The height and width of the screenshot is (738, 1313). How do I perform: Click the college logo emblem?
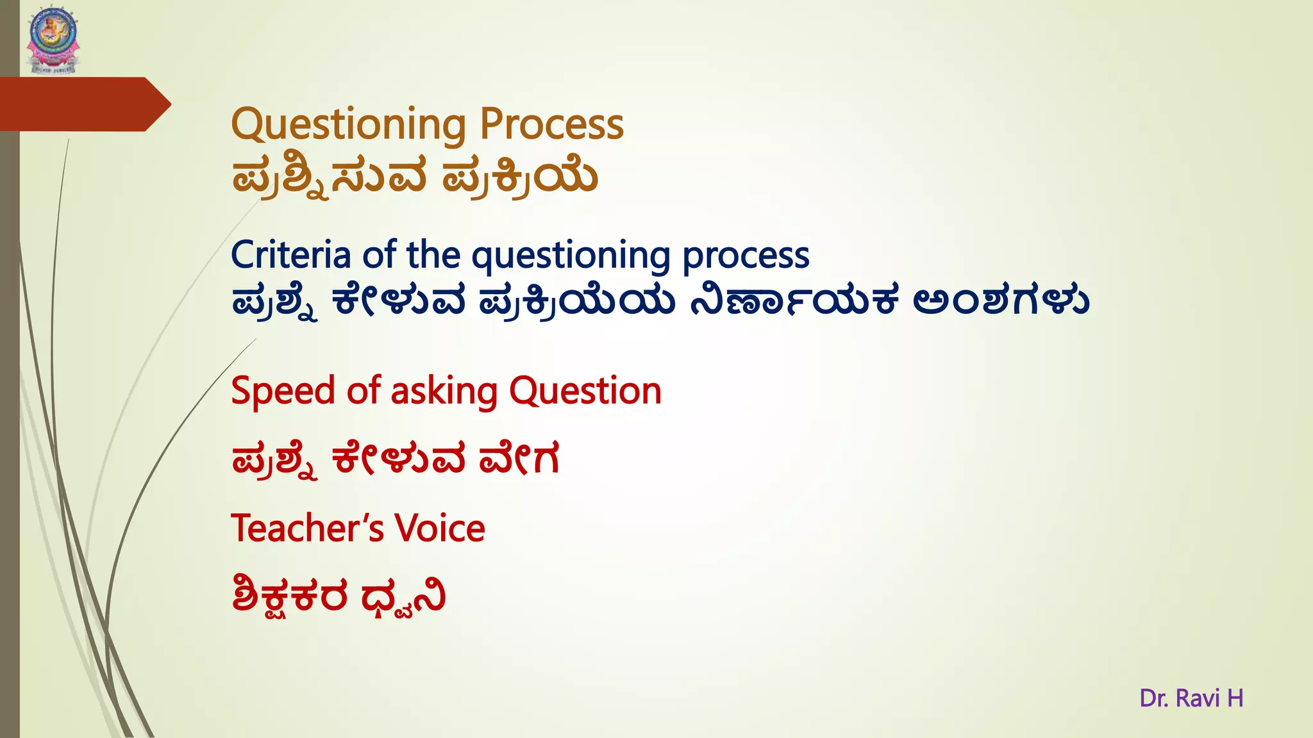click(x=53, y=38)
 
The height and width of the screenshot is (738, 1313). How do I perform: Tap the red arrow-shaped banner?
click(x=83, y=104)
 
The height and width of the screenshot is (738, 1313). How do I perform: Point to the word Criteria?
click(x=290, y=255)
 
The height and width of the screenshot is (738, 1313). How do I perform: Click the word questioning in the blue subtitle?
click(x=571, y=256)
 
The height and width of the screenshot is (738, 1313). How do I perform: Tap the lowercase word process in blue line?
click(x=746, y=256)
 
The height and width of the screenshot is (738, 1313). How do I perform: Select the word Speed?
click(x=283, y=391)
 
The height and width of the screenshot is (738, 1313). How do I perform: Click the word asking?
click(x=444, y=391)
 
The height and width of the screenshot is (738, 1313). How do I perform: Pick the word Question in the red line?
click(x=585, y=391)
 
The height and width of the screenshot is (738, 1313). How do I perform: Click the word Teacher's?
click(x=307, y=529)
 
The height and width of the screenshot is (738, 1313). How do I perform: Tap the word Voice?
click(x=439, y=529)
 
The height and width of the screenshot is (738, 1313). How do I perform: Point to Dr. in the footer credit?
click(x=1154, y=698)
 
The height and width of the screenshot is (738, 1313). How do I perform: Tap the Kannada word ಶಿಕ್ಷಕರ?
click(x=290, y=596)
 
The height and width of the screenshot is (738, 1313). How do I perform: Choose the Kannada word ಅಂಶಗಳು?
click(x=1001, y=300)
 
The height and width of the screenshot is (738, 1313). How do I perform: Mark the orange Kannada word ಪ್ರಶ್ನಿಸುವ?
click(x=329, y=178)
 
